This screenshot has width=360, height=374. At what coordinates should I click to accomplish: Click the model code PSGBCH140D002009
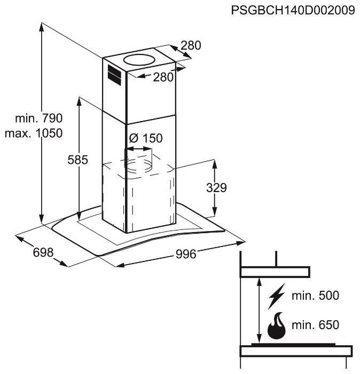coord(293,11)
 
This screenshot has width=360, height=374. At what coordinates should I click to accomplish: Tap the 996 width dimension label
coord(186,254)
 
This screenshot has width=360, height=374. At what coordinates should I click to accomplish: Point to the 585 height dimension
coord(77,159)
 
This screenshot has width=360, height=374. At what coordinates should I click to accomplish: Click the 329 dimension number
coord(216,188)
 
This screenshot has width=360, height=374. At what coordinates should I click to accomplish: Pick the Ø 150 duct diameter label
coord(145,138)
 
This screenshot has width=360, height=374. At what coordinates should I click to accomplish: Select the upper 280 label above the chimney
coord(191,46)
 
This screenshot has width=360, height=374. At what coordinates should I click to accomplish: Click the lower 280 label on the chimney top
coord(163,77)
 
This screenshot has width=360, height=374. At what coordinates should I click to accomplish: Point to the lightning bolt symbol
coord(277,297)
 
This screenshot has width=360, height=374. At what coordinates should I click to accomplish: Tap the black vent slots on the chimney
coord(113,75)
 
